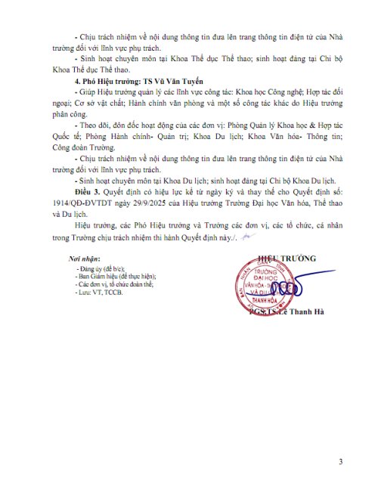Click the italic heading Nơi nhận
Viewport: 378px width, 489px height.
click(84, 259)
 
